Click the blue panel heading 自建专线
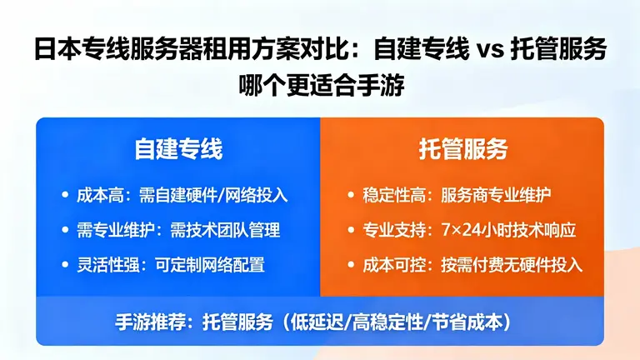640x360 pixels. [178, 150]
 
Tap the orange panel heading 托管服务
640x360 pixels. [462, 150]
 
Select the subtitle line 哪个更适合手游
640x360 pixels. [320, 86]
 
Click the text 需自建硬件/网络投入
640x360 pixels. [212, 195]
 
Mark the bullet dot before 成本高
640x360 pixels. [65, 195]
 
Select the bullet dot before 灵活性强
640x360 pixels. [65, 265]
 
